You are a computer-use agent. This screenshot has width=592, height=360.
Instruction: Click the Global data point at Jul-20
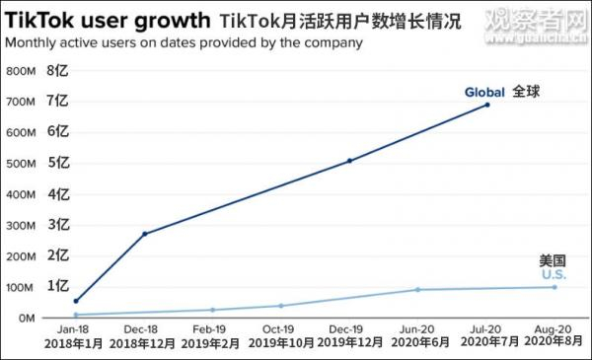[486, 105]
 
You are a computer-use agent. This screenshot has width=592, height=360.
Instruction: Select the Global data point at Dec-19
[349, 161]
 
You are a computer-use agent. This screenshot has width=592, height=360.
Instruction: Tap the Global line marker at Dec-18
[145, 234]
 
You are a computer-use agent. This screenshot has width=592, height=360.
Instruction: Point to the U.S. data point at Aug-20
[554, 287]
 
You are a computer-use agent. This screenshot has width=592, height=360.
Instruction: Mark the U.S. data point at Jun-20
[417, 290]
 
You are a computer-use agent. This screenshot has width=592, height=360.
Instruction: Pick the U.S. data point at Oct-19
[280, 306]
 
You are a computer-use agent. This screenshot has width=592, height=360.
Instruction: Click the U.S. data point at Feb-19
[212, 310]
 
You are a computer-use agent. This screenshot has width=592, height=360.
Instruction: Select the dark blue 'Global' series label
[484, 93]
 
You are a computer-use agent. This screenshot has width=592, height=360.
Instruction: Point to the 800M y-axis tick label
[21, 72]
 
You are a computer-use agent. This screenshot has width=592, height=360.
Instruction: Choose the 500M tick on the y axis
[21, 164]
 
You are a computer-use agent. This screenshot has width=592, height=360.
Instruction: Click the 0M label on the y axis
[25, 318]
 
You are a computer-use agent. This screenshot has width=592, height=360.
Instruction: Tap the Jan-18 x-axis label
[75, 329]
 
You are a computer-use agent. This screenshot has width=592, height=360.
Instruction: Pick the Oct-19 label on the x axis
[280, 329]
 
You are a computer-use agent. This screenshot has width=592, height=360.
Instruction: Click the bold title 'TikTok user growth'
[107, 20]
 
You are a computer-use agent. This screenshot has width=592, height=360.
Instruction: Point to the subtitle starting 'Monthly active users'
[184, 43]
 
